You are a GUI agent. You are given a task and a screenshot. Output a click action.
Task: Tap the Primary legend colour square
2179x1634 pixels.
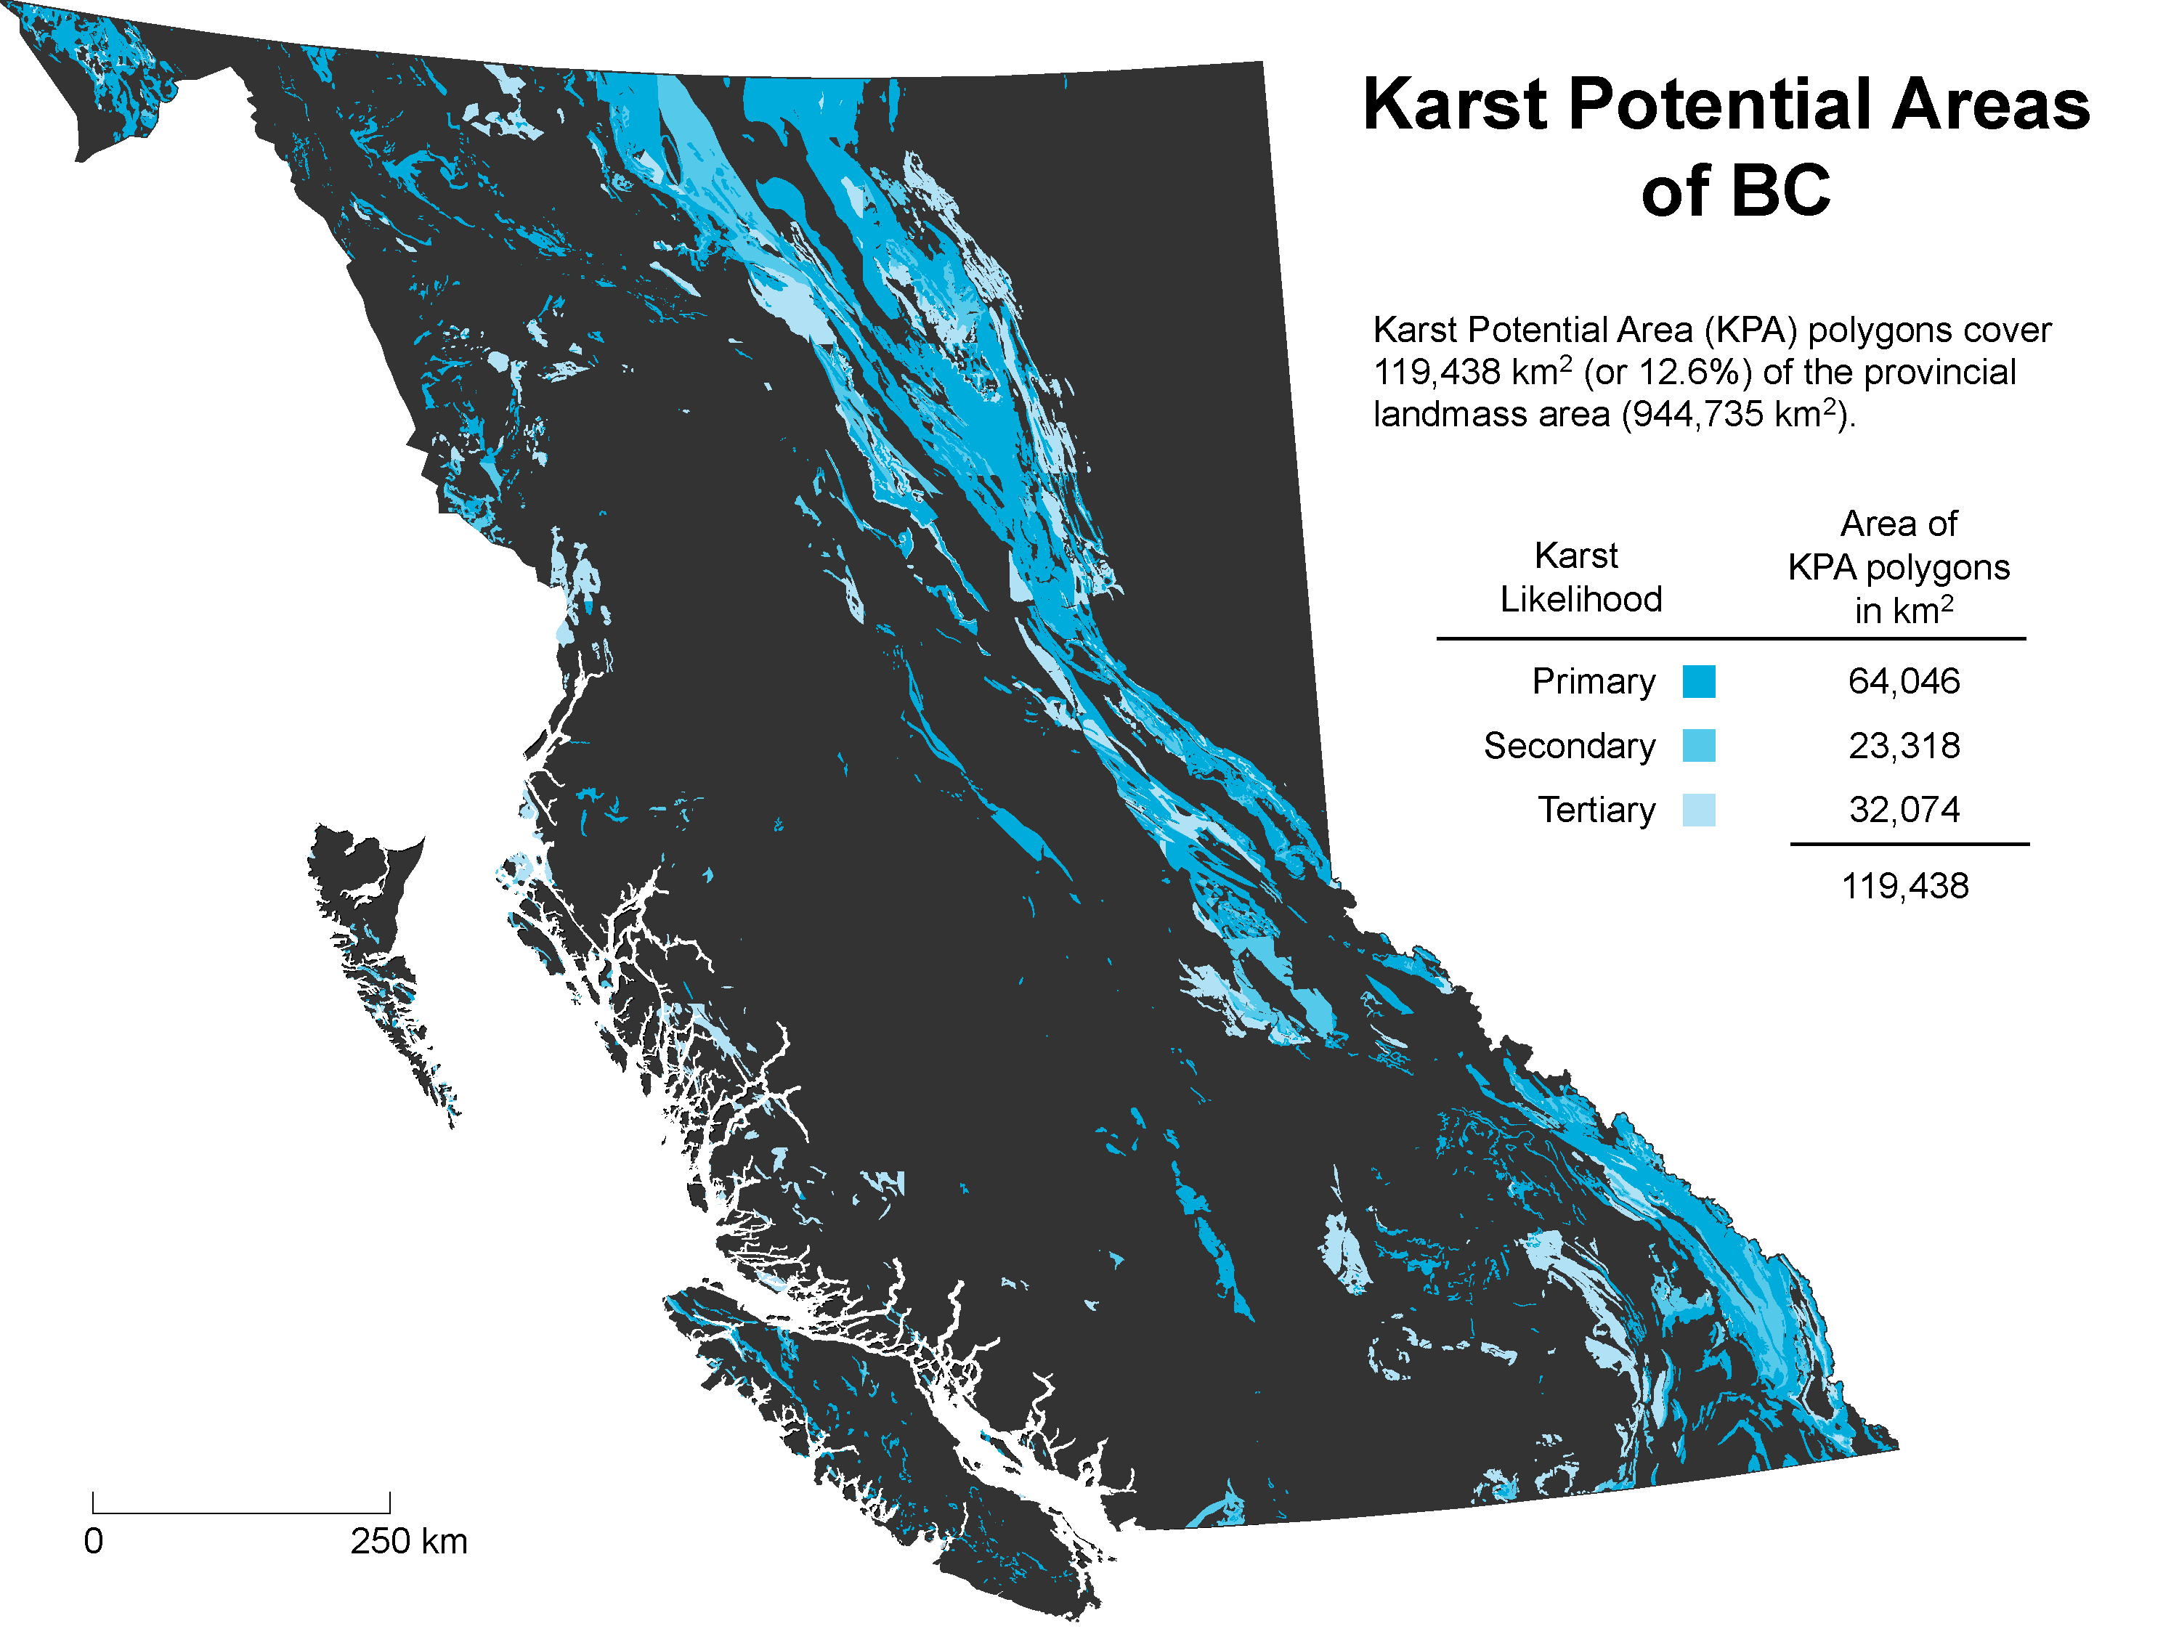(1698, 682)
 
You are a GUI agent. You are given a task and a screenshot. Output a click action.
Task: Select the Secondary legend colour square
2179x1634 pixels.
(1698, 746)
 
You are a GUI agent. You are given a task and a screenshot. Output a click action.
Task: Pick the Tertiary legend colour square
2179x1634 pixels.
(1698, 810)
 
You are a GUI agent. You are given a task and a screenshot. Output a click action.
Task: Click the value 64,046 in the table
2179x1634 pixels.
(1903, 682)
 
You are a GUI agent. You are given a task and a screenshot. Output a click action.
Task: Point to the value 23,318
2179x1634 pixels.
(1903, 746)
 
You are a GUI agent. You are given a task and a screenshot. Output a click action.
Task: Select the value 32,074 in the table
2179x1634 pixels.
(1903, 810)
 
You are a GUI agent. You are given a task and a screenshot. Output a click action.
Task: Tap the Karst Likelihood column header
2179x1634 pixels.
(1580, 577)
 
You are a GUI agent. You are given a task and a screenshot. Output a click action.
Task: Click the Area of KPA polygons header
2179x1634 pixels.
(1898, 567)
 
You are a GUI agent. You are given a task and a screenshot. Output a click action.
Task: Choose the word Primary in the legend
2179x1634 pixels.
(1593, 682)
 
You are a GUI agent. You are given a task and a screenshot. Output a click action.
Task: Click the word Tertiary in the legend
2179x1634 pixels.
(1596, 810)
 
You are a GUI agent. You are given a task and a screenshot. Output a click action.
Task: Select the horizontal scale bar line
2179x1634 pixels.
(241, 1513)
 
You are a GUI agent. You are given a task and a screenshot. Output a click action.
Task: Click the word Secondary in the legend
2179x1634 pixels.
(1568, 746)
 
